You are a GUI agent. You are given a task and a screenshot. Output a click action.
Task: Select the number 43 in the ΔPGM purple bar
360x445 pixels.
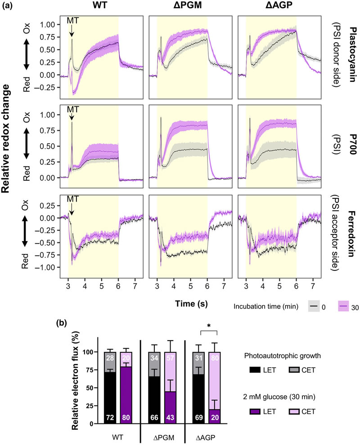pos(165,417)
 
